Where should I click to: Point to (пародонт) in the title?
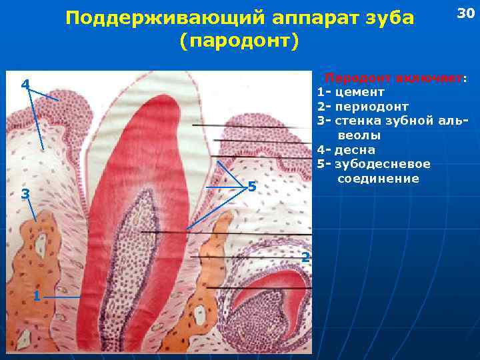click(x=239, y=41)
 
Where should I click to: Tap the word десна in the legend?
click(x=355, y=150)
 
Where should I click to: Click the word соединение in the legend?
click(x=378, y=179)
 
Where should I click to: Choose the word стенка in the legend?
click(x=359, y=121)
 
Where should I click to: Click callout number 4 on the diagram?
click(x=25, y=85)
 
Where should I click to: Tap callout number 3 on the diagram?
click(x=25, y=194)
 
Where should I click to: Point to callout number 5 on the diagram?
click(x=251, y=187)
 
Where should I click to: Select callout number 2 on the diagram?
click(x=304, y=257)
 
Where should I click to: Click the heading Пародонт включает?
click(x=396, y=78)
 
